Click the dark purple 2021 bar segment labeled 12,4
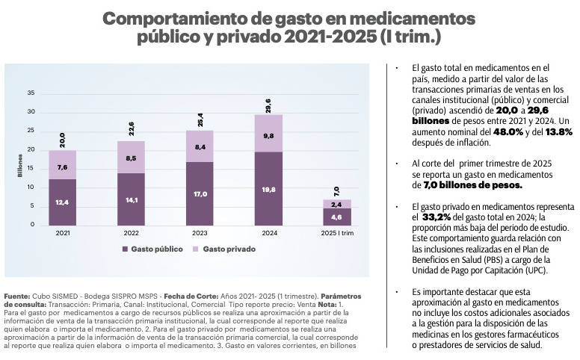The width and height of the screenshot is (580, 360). tap(62, 201)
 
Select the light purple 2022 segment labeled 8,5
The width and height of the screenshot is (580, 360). tap(131, 158)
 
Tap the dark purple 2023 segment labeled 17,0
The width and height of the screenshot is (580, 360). tap(200, 193)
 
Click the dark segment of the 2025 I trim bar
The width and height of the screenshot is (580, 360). tap(337, 217)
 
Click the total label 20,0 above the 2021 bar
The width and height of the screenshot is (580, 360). tap(62, 139)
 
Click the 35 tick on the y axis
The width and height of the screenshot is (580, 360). tap(31, 93)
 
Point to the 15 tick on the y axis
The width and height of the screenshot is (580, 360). tap(31, 168)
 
